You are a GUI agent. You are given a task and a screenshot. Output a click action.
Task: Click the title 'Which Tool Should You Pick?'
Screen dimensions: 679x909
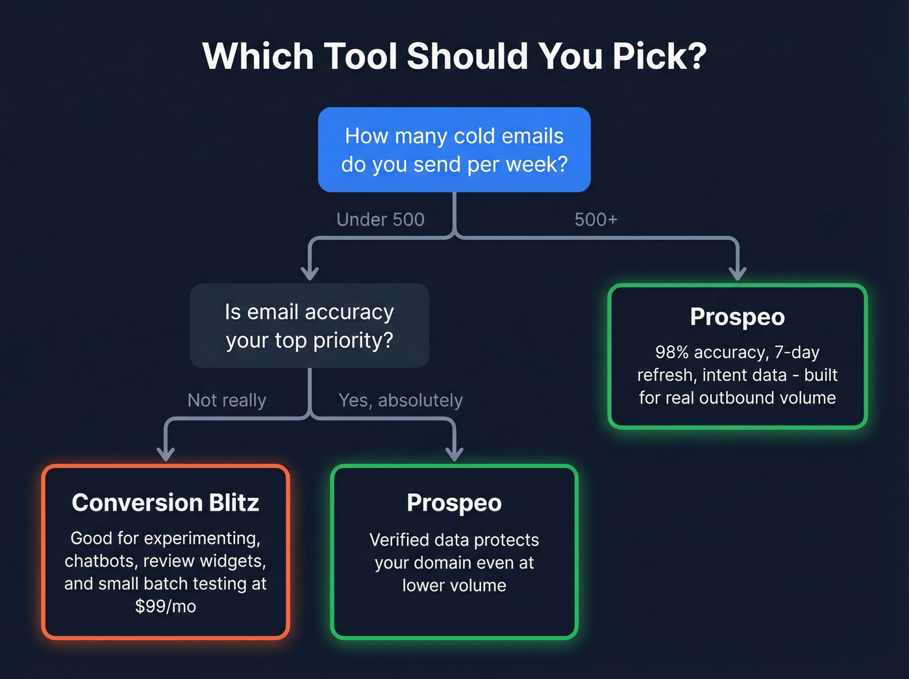pyautogui.click(x=454, y=57)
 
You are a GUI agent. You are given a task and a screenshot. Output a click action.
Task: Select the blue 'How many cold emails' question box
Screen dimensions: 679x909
pyautogui.click(x=454, y=149)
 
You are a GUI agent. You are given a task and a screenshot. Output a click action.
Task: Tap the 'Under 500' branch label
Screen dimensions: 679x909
pyautogui.click(x=380, y=220)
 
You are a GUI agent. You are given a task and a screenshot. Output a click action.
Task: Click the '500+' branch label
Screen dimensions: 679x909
pyautogui.click(x=595, y=220)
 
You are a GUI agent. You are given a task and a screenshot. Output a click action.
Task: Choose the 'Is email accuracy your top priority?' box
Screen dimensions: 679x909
pyautogui.click(x=309, y=326)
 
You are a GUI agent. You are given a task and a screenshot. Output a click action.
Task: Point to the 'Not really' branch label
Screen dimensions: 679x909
pyautogui.click(x=227, y=400)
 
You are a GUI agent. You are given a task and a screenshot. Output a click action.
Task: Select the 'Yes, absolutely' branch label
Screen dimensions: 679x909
pyautogui.click(x=401, y=400)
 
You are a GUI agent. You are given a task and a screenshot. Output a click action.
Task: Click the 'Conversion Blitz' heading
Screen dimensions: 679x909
pyautogui.click(x=166, y=502)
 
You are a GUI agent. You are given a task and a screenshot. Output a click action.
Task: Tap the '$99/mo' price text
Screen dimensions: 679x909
pyautogui.click(x=166, y=606)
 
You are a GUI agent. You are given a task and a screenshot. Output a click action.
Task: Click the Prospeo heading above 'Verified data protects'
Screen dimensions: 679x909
pyautogui.click(x=454, y=502)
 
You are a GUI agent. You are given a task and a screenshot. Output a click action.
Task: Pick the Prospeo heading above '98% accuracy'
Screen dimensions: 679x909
pyautogui.click(x=737, y=316)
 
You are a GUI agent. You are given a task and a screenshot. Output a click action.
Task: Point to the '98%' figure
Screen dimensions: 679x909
pyautogui.click(x=672, y=352)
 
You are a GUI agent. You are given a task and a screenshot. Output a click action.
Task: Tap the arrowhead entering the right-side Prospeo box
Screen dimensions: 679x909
pyautogui.click(x=737, y=273)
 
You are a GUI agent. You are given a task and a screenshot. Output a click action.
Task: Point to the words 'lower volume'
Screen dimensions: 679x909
pyautogui.click(x=454, y=585)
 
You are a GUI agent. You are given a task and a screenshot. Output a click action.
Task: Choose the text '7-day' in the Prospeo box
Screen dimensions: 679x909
pyautogui.click(x=797, y=352)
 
